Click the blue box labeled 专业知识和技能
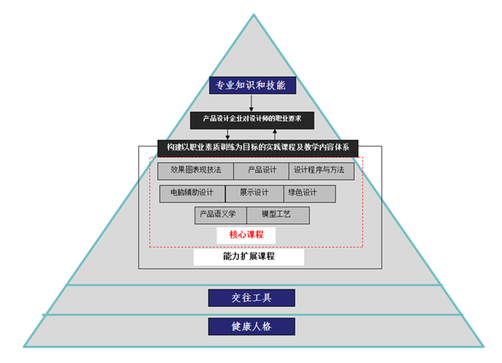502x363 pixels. coord(251,85)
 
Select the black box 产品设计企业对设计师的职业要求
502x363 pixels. coord(251,119)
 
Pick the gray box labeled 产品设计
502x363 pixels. coord(262,170)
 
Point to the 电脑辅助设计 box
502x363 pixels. coord(192,193)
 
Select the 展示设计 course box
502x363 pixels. coord(254,193)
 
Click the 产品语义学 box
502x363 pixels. coord(218,214)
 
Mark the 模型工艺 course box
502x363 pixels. coord(276,214)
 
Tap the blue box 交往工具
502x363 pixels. coord(251,298)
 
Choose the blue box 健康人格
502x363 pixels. coord(251,326)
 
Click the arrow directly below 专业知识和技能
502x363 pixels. coord(251,103)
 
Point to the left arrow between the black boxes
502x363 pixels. coord(227,134)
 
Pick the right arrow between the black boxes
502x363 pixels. coord(274,134)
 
